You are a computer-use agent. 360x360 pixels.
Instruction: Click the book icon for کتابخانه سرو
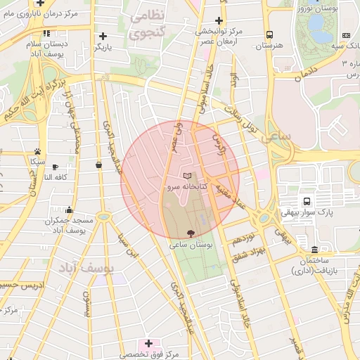coord(186,175)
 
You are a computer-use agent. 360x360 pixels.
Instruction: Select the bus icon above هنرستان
coord(269,34)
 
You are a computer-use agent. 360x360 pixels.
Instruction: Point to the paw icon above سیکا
coord(37,151)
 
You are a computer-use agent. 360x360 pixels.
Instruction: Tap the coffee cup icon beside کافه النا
coord(98,165)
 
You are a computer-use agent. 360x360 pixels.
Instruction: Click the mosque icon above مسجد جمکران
coord(69,210)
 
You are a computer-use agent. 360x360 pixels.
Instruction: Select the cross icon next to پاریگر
coord(103,35)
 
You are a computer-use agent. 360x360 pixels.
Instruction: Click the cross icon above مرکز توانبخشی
coord(219,20)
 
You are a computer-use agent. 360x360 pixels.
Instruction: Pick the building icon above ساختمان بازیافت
coord(314,250)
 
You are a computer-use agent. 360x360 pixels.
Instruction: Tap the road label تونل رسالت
coord(239,120)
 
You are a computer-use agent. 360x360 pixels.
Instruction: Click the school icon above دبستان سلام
coord(46,33)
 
